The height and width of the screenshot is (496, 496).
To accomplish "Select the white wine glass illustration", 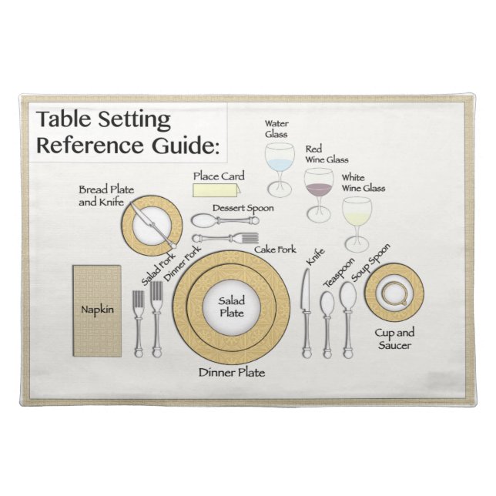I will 357,212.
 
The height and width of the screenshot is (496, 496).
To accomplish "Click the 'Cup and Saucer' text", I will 394,339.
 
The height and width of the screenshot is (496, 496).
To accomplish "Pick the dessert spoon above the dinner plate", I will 223,220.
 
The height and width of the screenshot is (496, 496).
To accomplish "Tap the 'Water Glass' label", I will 276,128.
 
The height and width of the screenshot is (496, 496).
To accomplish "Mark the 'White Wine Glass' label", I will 363,183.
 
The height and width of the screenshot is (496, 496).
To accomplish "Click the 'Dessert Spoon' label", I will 243,208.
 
